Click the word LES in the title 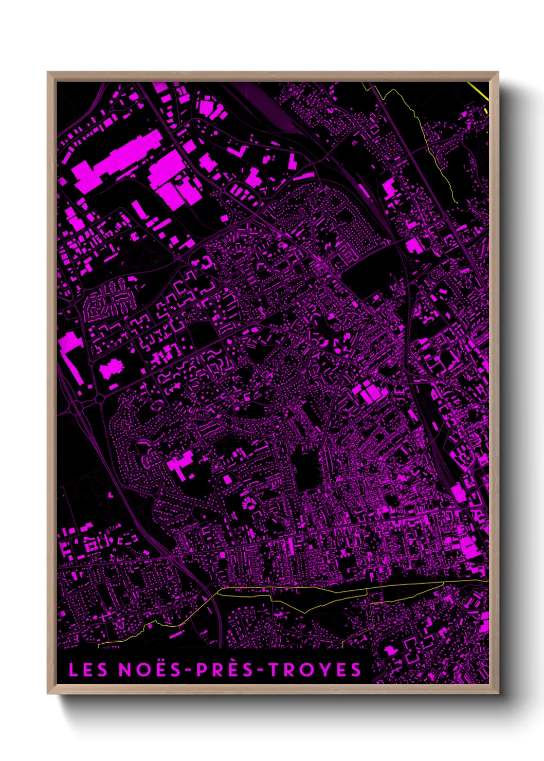pos(88,669)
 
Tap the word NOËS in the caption pos(150,669)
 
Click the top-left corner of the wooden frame pos(48,73)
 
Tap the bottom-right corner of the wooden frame pos(497,693)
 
